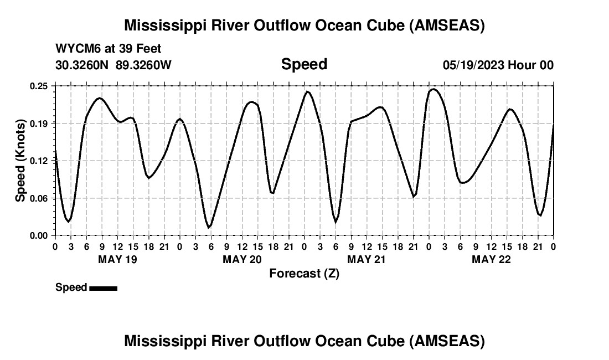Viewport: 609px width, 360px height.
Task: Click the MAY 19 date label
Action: point(117,259)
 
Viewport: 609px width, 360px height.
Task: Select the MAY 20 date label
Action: point(242,259)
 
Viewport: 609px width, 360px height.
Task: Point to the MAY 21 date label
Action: point(367,259)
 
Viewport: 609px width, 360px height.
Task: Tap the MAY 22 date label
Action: point(491,259)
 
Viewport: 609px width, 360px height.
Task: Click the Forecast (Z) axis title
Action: point(304,273)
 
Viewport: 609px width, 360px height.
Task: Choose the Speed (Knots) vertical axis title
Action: point(20,161)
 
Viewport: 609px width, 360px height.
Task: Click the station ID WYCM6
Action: point(78,49)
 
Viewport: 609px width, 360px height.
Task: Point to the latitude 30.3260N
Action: point(83,65)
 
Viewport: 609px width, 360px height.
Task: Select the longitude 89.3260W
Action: point(144,65)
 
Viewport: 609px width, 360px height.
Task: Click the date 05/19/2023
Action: point(473,65)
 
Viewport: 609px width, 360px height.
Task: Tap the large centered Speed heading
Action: point(304,64)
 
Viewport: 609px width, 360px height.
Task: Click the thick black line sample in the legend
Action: point(103,288)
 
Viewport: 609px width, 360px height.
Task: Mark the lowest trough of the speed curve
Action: point(209,227)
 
